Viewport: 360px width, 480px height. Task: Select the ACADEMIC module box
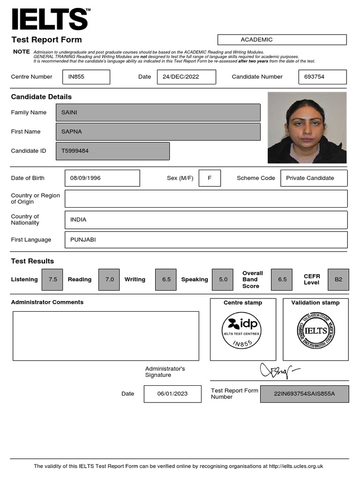(282, 40)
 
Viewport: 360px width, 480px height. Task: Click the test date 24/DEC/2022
(186, 77)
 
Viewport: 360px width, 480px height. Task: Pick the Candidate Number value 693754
(322, 77)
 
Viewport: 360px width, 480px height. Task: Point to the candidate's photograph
(307, 127)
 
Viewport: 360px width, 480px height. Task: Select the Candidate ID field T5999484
(112, 151)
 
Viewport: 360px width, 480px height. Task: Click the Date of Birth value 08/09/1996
(102, 178)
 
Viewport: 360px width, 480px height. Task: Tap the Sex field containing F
(210, 178)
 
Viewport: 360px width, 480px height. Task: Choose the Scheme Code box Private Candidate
(314, 178)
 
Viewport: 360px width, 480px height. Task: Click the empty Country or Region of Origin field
(206, 198)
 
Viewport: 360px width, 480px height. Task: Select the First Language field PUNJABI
(206, 240)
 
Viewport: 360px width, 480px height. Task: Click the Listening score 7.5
(52, 279)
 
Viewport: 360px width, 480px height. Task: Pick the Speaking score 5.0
(223, 279)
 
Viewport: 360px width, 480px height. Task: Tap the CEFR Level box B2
(338, 279)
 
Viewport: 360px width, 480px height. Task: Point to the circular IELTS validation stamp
(315, 331)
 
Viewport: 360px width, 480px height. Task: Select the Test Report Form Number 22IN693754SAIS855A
(304, 394)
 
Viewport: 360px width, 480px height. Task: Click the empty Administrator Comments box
(105, 336)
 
